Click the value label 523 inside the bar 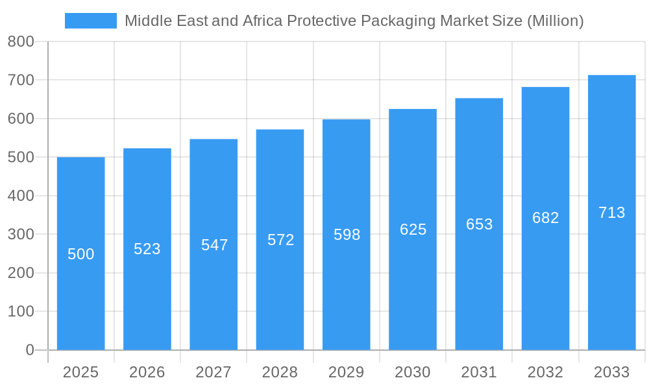147,249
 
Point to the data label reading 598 347,235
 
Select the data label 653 479,224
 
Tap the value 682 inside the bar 545,218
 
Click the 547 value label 214,245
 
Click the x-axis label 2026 147,372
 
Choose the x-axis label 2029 347,372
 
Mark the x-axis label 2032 545,372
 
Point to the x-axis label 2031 479,372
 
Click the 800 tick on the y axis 21,42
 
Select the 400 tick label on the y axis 21,196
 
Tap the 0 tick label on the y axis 30,350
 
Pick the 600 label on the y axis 21,119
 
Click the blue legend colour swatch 91,21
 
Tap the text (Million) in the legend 555,21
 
